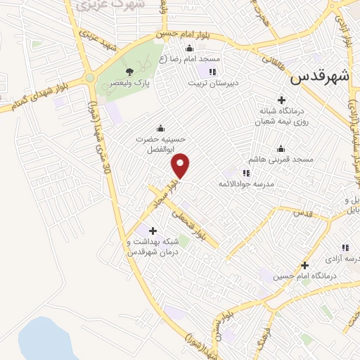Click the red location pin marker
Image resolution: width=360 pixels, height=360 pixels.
[x=181, y=165]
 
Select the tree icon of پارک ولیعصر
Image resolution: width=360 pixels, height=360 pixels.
[x=129, y=71]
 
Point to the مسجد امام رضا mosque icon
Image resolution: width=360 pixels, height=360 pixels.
[x=188, y=49]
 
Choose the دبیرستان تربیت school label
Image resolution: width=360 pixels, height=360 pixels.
[x=214, y=82]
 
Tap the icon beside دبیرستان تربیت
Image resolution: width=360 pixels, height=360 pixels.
[x=213, y=71]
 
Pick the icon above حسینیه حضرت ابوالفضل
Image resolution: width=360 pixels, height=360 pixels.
[x=162, y=128]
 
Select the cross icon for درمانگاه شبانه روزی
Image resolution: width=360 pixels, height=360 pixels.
[x=282, y=100]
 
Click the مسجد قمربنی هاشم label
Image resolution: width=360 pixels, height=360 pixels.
[x=281, y=160]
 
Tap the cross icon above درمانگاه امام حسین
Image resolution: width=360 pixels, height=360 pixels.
[x=304, y=265]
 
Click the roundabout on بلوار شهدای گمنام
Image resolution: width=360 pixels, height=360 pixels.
[x=89, y=78]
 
